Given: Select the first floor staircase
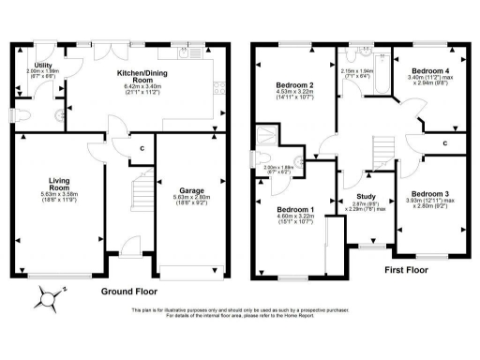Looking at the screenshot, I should coord(382,149).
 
